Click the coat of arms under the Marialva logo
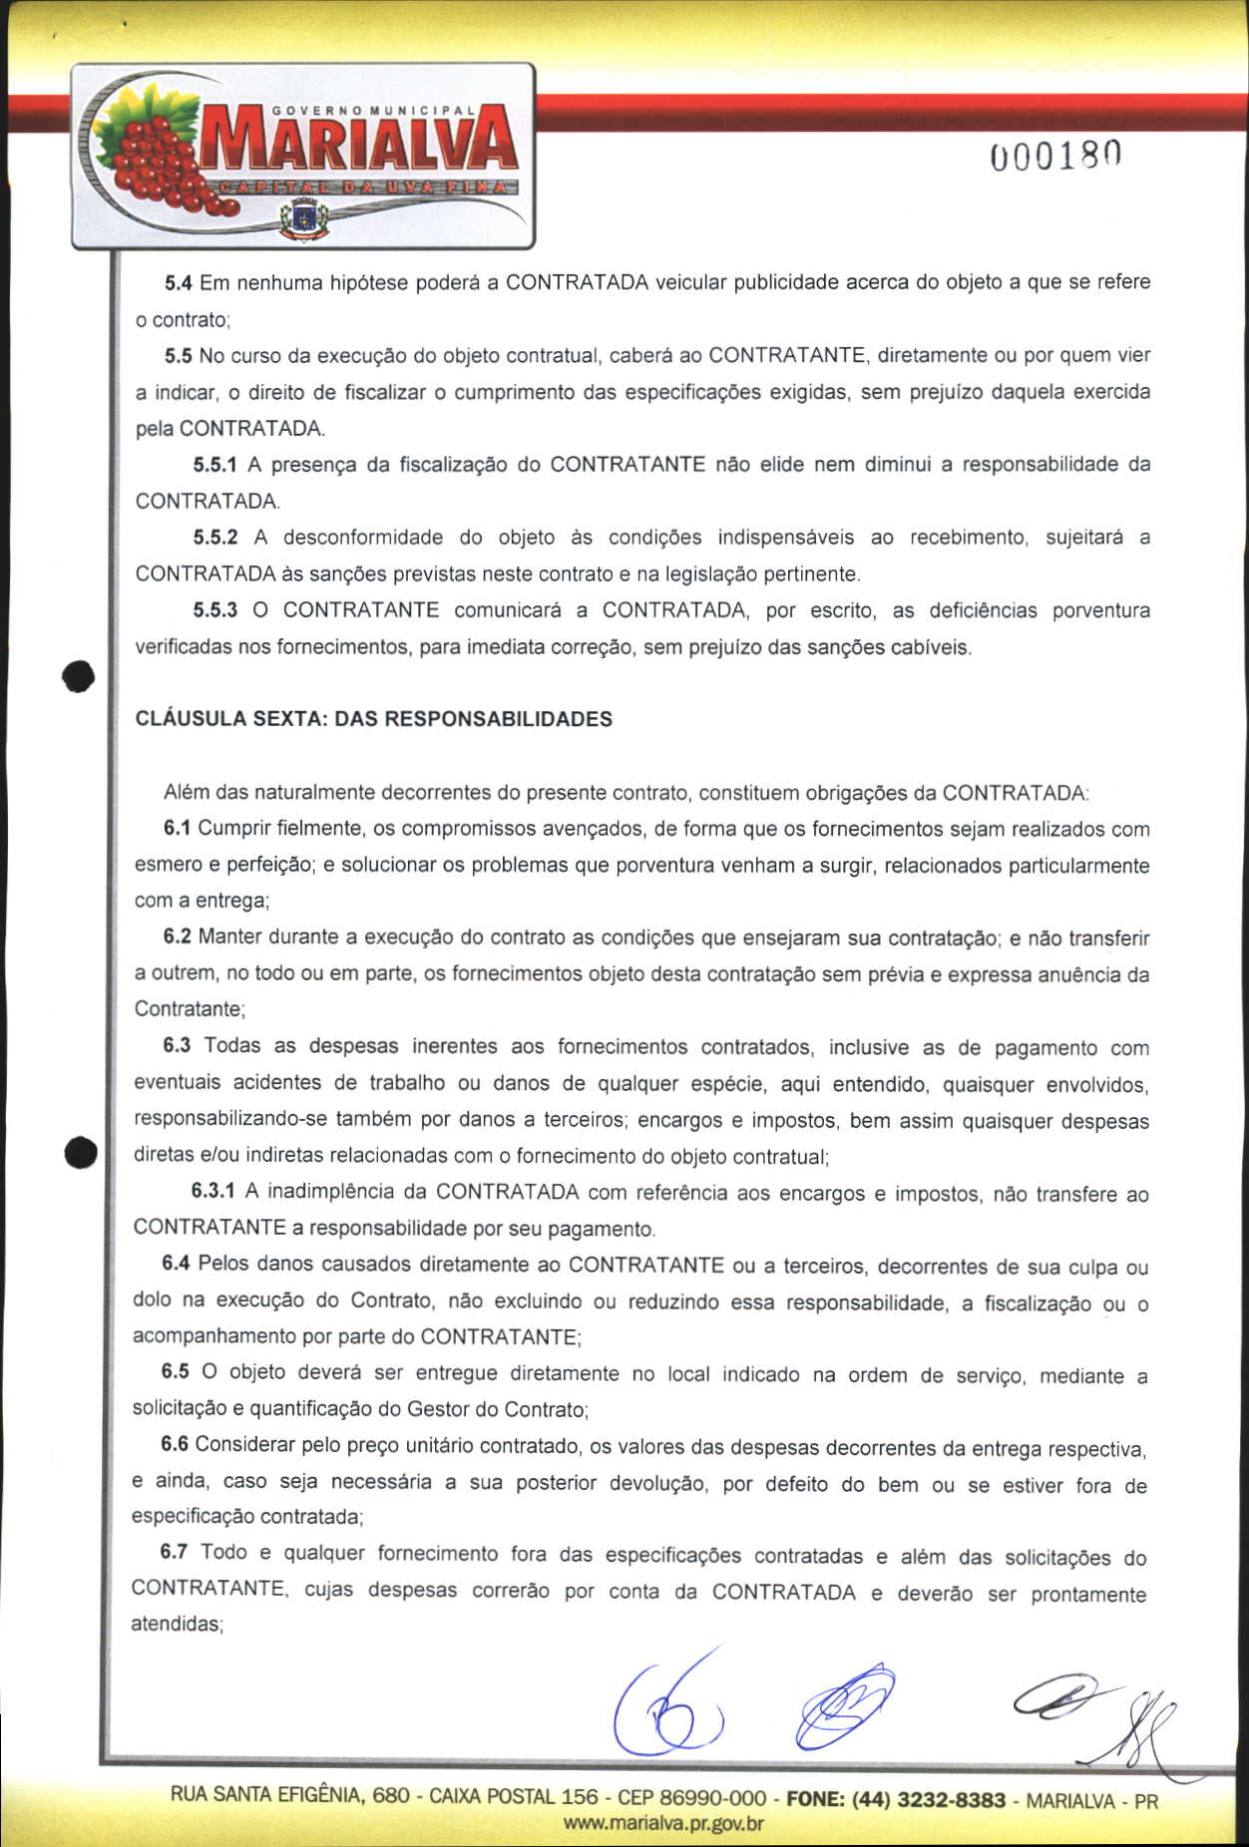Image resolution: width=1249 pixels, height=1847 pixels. pos(304,218)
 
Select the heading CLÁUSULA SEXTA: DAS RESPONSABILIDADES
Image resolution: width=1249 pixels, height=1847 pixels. pos(373,719)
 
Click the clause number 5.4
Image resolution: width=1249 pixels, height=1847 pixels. pos(178,283)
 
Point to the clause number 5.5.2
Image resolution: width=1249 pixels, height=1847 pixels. pos(215,538)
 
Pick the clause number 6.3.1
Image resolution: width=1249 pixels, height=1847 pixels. pos(212,1192)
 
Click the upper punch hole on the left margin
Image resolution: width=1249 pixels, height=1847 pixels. pos(78,677)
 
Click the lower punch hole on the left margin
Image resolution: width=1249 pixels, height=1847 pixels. pos(80,1153)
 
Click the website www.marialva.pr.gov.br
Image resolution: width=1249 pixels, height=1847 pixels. pos(663,1824)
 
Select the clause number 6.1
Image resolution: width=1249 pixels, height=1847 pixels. pos(177,829)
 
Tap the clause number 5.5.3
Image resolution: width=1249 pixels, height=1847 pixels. pos(215,610)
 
